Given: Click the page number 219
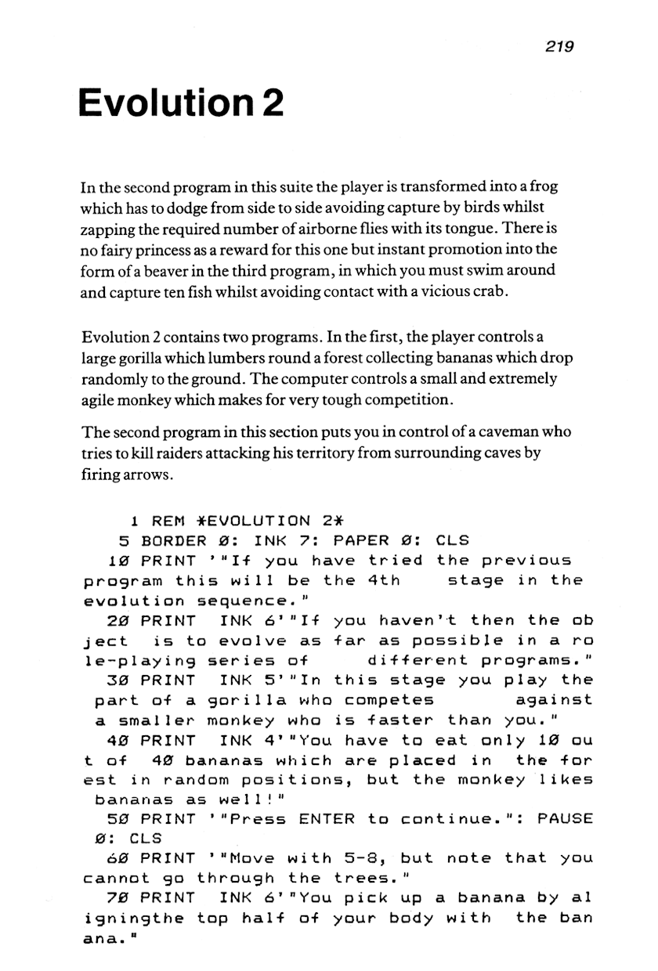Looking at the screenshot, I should click(x=559, y=46).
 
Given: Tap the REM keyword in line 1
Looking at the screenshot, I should click(x=168, y=521).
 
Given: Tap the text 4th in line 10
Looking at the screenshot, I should click(x=383, y=581).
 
